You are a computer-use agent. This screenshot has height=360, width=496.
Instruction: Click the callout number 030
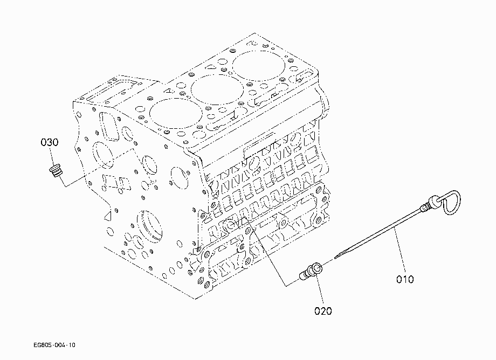point(50,142)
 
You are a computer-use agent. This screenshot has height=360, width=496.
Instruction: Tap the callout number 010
point(405,279)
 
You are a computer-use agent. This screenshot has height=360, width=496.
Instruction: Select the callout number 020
point(323,311)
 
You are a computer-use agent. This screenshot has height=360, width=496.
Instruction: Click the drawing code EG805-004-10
point(54,345)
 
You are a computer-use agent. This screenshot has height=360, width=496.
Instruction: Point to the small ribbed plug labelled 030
point(56,170)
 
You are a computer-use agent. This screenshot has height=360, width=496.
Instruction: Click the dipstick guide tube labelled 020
point(311,272)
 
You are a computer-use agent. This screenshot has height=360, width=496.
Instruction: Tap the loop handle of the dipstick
point(451,202)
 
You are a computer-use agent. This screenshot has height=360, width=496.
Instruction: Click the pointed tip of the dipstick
point(335,257)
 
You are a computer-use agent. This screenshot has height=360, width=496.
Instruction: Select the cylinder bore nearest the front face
point(176,113)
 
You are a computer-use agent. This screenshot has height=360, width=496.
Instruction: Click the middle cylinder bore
point(217,89)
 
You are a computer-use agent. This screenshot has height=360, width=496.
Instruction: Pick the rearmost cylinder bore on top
point(258,66)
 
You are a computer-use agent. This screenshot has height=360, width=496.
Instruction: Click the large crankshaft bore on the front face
point(150,227)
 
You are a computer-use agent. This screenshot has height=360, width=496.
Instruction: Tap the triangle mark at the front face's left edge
point(108,216)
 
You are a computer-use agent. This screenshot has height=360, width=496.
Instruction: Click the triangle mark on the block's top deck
point(170,90)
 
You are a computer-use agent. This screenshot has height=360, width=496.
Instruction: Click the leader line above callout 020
point(320,288)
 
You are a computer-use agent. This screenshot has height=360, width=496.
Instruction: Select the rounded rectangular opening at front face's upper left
point(109,126)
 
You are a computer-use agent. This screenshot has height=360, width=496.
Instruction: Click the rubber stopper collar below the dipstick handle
point(434,201)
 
